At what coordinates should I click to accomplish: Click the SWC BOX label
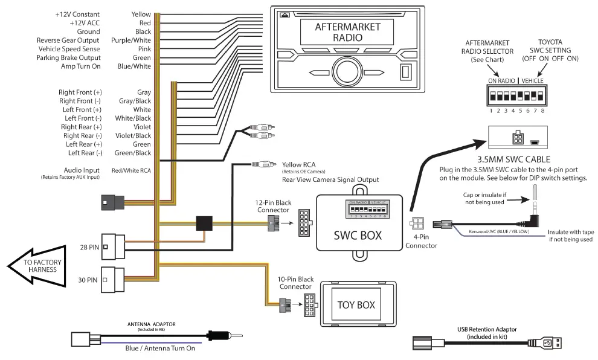(358, 236)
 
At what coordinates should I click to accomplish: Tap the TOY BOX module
(358, 304)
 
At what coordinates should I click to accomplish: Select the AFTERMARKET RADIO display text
(347, 33)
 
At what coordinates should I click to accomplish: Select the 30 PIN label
(88, 280)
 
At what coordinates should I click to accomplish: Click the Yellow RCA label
(299, 164)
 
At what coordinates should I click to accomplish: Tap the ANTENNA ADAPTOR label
(151, 324)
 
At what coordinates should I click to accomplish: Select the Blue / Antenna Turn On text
(159, 349)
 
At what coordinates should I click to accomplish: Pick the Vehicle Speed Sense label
(69, 49)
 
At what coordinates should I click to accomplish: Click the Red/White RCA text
(131, 171)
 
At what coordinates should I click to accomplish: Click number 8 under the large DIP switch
(543, 111)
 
